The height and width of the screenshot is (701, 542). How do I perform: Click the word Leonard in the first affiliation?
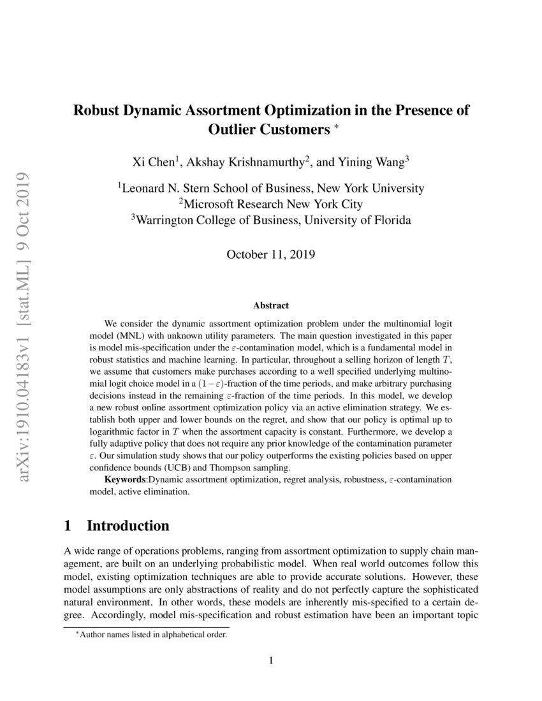[x=146, y=188]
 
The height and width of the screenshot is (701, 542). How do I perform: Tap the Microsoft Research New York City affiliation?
[x=271, y=204]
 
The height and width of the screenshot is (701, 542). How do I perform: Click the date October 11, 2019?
[x=271, y=254]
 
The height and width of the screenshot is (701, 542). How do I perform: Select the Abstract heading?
[x=270, y=306]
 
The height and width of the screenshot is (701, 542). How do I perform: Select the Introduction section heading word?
[x=128, y=526]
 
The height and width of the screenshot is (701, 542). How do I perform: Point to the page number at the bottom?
[x=271, y=661]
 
